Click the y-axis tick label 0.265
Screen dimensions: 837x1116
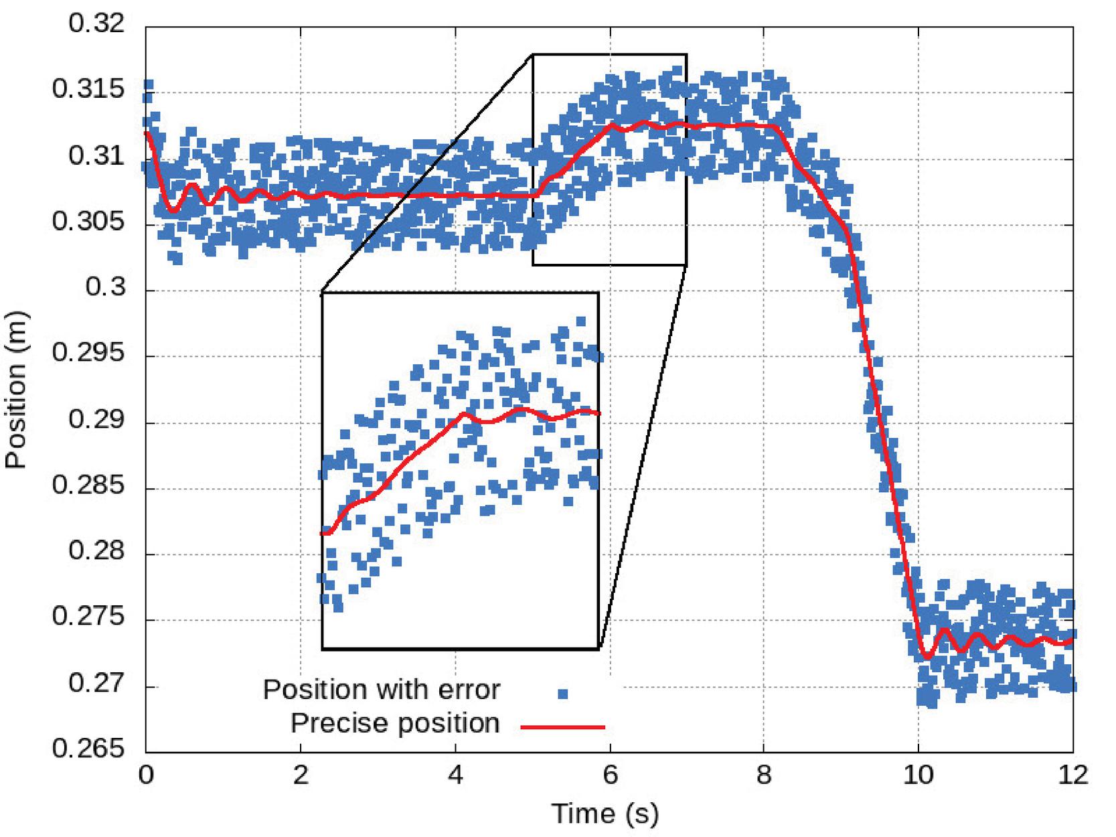click(x=88, y=748)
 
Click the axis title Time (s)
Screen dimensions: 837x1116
click(x=605, y=814)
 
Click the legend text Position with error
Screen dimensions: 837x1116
click(x=381, y=690)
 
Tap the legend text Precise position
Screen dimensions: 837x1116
click(x=395, y=724)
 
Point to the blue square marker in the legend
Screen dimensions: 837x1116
click(x=562, y=694)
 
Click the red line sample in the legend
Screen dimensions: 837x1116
click(x=562, y=727)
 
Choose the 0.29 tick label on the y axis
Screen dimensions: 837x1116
click(x=97, y=420)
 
